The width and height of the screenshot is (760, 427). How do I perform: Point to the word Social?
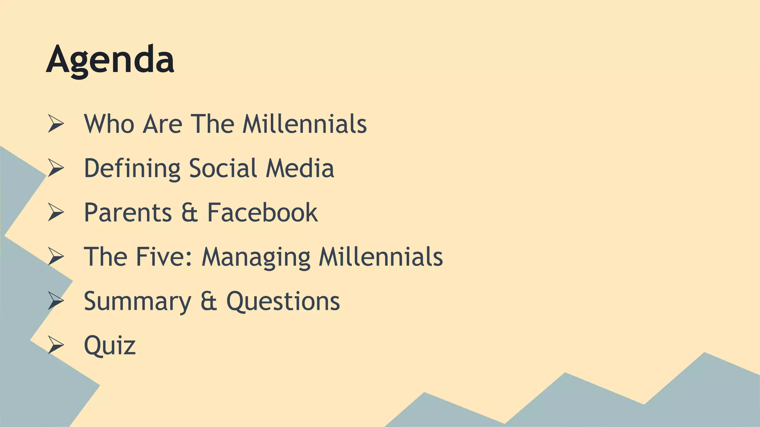pyautogui.click(x=223, y=168)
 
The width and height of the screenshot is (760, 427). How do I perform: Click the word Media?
pyautogui.click(x=300, y=168)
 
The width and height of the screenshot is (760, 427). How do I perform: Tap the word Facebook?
pyautogui.click(x=262, y=212)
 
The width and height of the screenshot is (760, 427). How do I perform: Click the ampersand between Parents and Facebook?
pyautogui.click(x=189, y=213)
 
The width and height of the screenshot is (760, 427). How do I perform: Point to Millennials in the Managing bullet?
pyautogui.click(x=381, y=256)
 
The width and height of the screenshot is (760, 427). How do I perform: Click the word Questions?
pyautogui.click(x=283, y=301)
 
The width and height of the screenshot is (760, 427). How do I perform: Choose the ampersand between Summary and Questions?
pyautogui.click(x=209, y=301)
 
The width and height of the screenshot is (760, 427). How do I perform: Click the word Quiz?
pyautogui.click(x=110, y=345)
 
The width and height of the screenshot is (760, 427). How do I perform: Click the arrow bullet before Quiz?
pyautogui.click(x=56, y=345)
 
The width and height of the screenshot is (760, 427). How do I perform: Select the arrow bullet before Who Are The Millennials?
pyautogui.click(x=56, y=124)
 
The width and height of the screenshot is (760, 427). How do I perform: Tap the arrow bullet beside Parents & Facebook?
pyautogui.click(x=56, y=212)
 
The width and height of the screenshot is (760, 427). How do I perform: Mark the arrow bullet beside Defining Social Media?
pyautogui.click(x=56, y=168)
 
